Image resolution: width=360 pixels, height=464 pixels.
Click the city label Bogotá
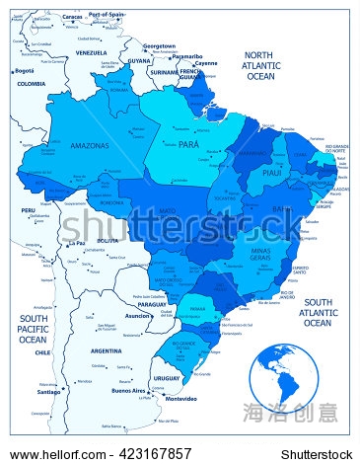click(x=24, y=71)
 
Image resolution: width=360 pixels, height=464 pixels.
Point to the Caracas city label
click(x=71, y=17)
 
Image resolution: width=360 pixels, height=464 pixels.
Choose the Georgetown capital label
click(x=159, y=45)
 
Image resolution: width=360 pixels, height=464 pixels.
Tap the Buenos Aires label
click(x=128, y=390)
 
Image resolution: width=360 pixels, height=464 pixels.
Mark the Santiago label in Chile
click(x=50, y=391)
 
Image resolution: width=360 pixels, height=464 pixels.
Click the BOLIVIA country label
click(x=107, y=240)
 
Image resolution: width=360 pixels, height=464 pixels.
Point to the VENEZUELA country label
click(x=91, y=52)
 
